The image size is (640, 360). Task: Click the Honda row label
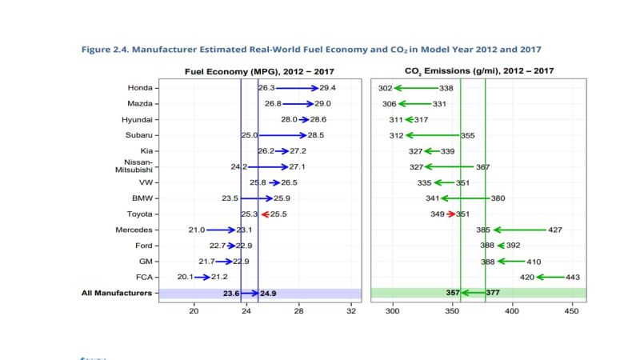pyautogui.click(x=140, y=88)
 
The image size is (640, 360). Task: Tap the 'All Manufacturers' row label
pyautogui.click(x=118, y=293)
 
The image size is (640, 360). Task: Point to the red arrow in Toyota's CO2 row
pyautogui.click(x=451, y=214)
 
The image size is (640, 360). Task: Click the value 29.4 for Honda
pyautogui.click(x=327, y=88)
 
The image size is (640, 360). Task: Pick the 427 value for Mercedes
pyautogui.click(x=554, y=230)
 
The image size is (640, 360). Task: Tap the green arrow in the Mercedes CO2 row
pyautogui.click(x=519, y=230)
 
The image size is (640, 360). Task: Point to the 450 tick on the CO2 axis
pyautogui.click(x=570, y=311)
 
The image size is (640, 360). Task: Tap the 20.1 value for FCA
pyautogui.click(x=185, y=277)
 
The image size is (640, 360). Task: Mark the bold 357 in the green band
pyautogui.click(x=452, y=294)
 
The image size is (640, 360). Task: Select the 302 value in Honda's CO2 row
pyautogui.click(x=385, y=88)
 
